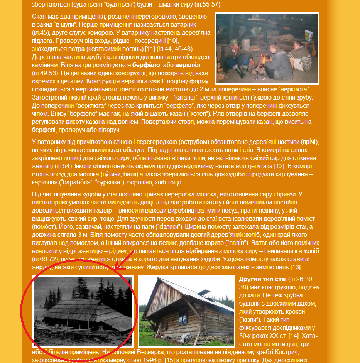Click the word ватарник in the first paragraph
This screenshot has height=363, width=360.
point(182,24)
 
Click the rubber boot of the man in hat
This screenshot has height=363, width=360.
point(240,73)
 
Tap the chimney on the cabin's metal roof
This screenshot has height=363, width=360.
point(206,290)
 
